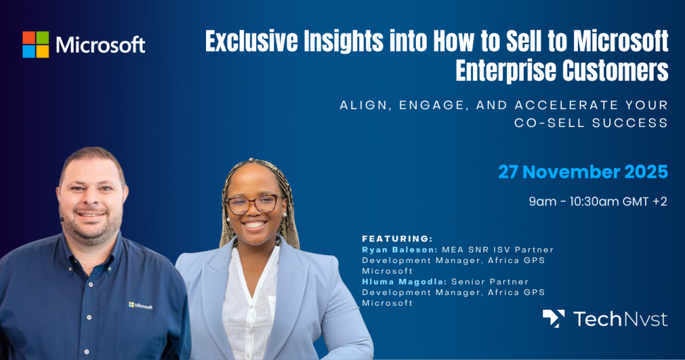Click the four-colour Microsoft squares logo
36,45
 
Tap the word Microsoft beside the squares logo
100,45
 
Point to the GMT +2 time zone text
645,201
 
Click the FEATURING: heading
397,238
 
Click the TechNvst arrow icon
553,319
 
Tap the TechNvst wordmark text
620,319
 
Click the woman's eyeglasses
254,204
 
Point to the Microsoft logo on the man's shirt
140,306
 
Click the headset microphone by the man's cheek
62,218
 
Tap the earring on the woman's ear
284,214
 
